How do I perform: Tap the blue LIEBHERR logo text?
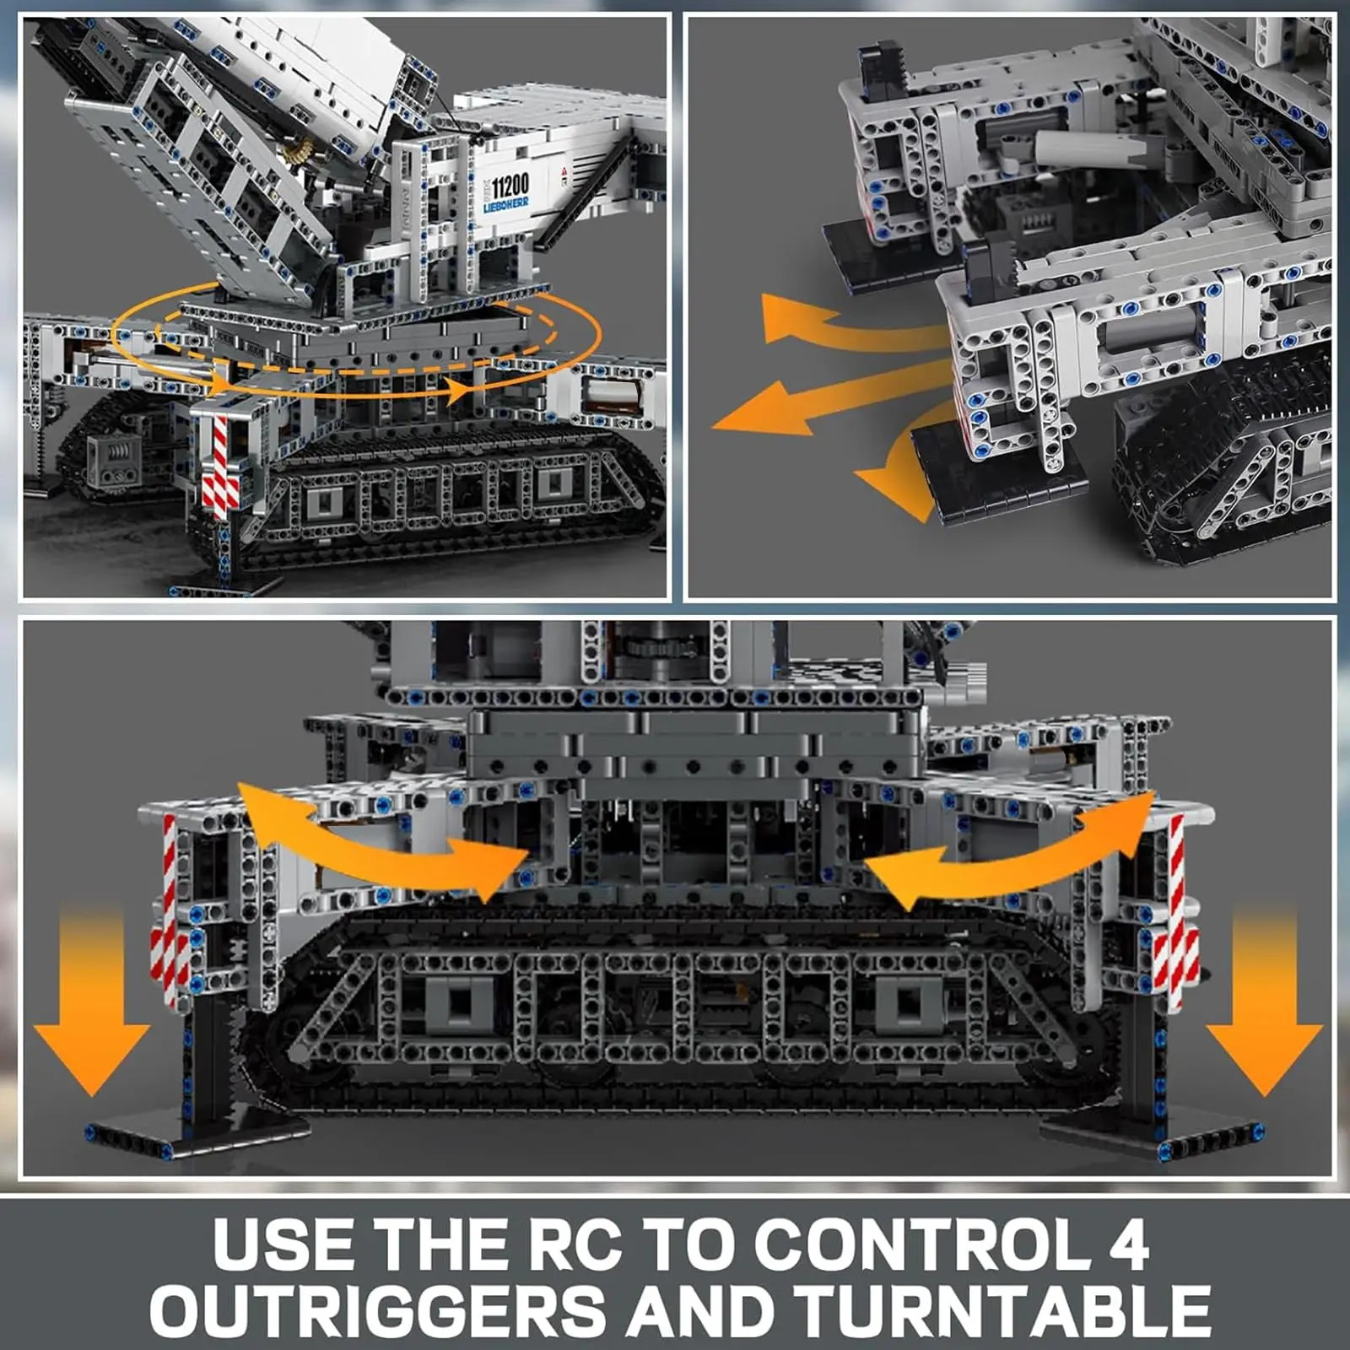[506, 205]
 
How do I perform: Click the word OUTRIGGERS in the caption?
[377, 1310]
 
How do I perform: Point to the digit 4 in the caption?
[1128, 1245]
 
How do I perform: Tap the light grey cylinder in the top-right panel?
[1088, 152]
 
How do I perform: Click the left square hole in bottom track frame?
[459, 1003]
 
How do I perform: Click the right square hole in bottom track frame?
[907, 1003]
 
